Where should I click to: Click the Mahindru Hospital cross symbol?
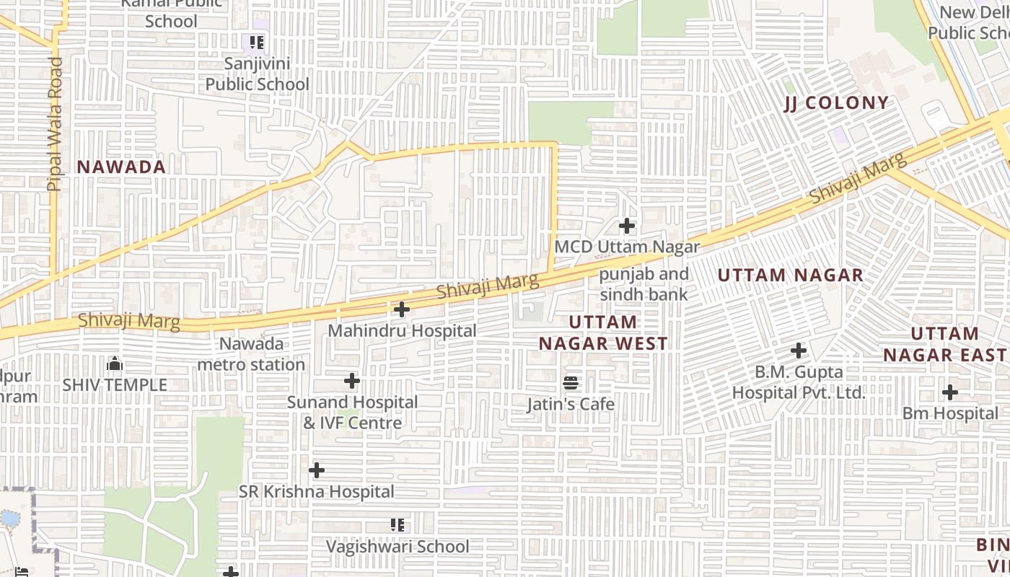pos(402,309)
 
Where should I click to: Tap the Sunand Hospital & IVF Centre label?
pos(352,412)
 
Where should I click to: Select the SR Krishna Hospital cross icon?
pos(317,470)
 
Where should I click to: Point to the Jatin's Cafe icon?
pos(571,382)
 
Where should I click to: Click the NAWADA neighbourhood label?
pos(121,167)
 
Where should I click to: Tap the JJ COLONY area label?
pos(836,103)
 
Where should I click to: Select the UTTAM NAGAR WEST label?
pos(603,332)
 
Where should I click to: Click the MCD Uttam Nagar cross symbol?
pos(627,226)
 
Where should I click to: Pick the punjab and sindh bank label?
pos(644,284)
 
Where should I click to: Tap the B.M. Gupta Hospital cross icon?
pos(799,351)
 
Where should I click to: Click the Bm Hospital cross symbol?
pos(950,392)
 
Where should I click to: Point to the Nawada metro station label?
pos(251,354)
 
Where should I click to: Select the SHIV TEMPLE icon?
pos(115,364)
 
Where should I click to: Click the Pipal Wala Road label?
pos(55,124)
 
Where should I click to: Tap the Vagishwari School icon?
pos(398,524)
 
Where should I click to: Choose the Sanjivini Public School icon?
pos(257,43)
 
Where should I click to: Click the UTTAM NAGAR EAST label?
pos(944,344)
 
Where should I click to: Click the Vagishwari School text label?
pos(398,546)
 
